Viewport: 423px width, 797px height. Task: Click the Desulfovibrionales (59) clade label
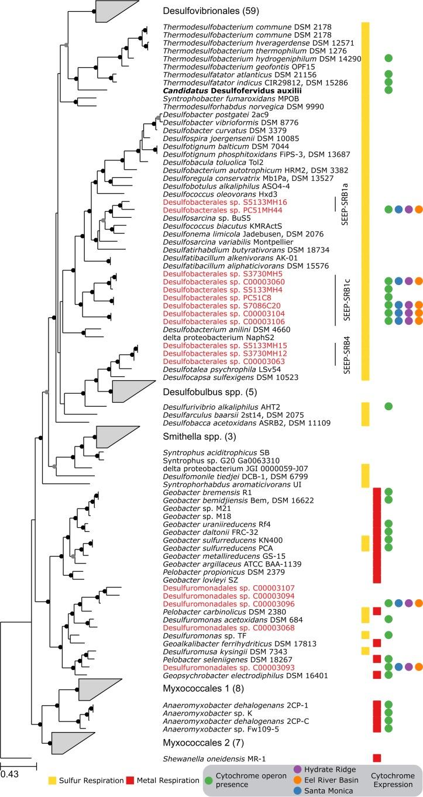(202, 11)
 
